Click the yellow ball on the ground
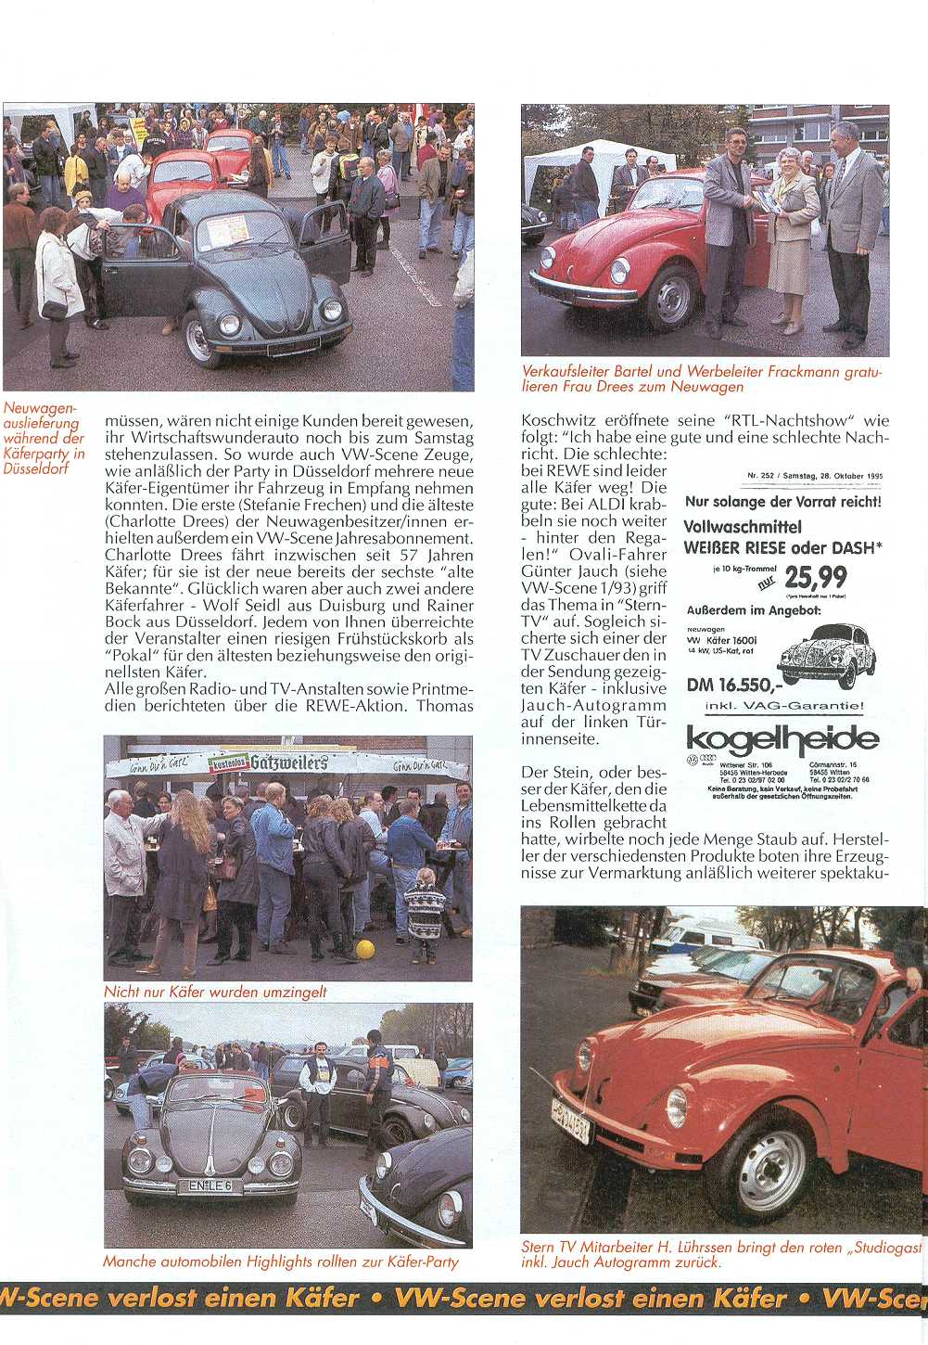tap(364, 949)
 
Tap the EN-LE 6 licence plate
tap(210, 1185)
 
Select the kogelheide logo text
tap(782, 739)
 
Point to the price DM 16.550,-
tap(733, 685)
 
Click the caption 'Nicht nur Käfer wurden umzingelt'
tap(215, 992)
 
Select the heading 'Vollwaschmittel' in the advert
tap(742, 526)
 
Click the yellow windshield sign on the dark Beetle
tap(227, 229)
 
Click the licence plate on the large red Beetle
tap(571, 1120)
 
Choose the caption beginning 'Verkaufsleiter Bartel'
tap(702, 378)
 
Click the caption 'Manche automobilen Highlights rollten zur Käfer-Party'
tap(280, 1262)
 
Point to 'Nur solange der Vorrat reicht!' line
tap(782, 502)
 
